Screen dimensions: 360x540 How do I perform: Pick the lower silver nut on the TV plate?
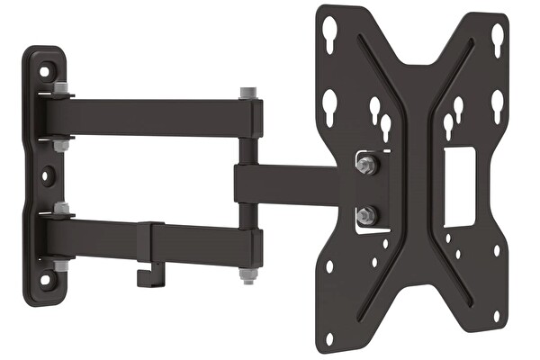tap(365, 217)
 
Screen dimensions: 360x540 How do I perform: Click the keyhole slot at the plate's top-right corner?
tap(497, 37)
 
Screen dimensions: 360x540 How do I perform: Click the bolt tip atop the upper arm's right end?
tap(247, 92)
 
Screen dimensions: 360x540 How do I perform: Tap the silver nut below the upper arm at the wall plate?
tap(61, 144)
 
